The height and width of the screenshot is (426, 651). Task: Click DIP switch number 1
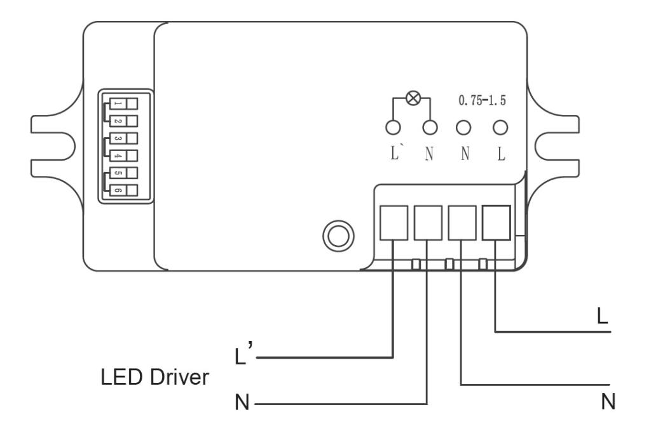(x=124, y=103)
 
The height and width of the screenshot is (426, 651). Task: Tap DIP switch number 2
(x=124, y=121)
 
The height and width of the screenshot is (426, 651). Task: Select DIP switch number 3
(x=124, y=138)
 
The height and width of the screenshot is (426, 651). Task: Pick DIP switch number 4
(x=124, y=155)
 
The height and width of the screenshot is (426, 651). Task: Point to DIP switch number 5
(x=124, y=173)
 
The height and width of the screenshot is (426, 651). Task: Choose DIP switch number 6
(x=124, y=190)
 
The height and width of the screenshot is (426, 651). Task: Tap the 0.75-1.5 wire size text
(x=483, y=101)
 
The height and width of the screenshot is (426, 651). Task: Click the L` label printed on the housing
(x=395, y=156)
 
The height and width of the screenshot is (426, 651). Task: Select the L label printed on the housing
(x=501, y=156)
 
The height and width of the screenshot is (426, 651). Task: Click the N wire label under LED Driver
(x=243, y=403)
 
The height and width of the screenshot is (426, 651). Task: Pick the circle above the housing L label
(x=501, y=128)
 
